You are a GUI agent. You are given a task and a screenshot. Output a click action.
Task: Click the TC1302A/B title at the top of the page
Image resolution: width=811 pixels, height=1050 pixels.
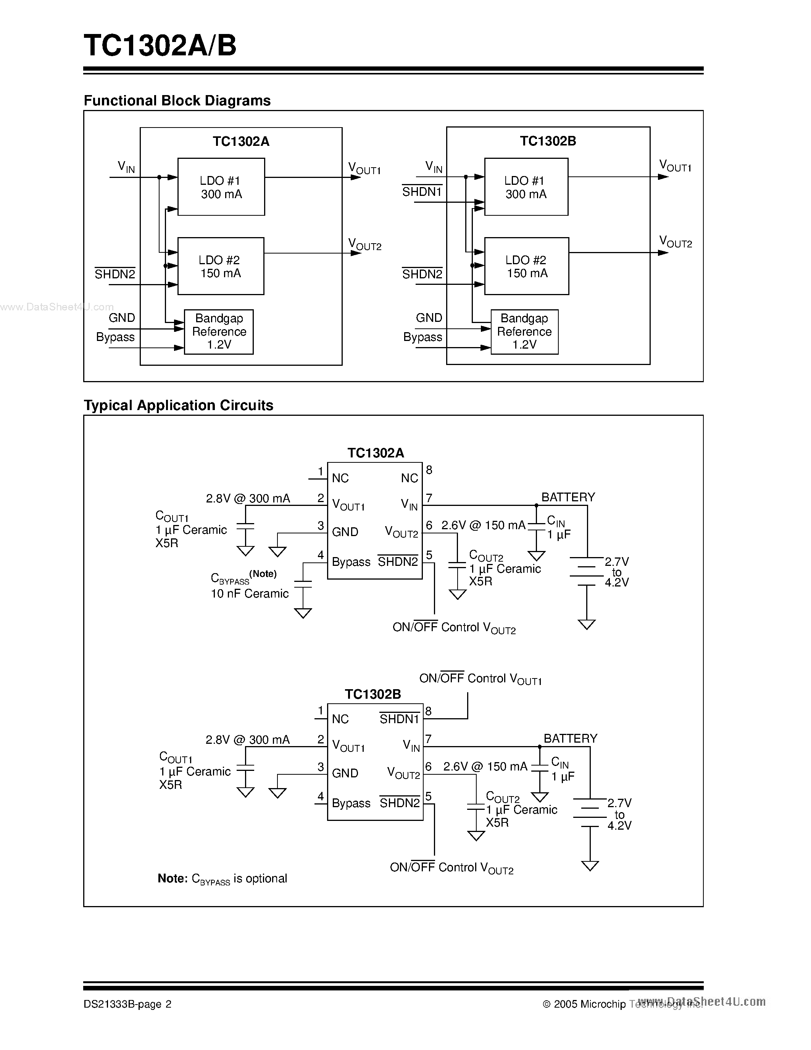click(160, 46)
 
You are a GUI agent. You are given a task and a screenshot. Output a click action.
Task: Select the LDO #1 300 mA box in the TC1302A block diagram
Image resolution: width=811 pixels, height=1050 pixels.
click(221, 187)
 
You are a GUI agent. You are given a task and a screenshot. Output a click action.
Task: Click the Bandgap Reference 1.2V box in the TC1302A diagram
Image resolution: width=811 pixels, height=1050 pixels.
click(219, 332)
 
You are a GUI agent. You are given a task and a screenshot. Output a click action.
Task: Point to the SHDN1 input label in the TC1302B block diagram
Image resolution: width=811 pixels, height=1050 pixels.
click(421, 192)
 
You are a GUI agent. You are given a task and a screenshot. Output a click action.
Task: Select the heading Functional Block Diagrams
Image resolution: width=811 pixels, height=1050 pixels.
click(177, 100)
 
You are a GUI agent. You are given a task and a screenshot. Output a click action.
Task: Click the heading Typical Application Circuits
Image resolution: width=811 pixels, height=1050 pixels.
click(178, 405)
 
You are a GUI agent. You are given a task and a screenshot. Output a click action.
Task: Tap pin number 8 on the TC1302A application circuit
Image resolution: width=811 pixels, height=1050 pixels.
click(429, 470)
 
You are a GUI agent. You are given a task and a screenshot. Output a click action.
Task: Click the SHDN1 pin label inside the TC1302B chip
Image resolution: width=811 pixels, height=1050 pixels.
click(399, 719)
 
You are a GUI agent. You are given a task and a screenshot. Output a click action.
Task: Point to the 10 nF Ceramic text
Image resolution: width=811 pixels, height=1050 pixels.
click(249, 594)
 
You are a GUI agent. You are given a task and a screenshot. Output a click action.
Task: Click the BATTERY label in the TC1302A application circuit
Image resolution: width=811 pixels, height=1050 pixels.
click(568, 497)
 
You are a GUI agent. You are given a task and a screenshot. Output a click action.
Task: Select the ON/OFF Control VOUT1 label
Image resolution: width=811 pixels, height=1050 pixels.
click(480, 679)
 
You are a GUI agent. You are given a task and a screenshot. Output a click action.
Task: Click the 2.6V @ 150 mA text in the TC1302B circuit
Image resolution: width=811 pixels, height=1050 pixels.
click(485, 766)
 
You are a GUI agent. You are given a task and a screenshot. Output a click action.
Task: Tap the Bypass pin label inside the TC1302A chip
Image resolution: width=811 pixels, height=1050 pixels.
click(351, 562)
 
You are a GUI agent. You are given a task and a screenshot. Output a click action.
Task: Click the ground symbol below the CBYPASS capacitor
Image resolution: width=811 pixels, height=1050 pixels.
click(303, 613)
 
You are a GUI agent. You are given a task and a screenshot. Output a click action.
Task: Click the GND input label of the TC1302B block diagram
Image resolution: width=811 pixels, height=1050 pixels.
click(429, 318)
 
